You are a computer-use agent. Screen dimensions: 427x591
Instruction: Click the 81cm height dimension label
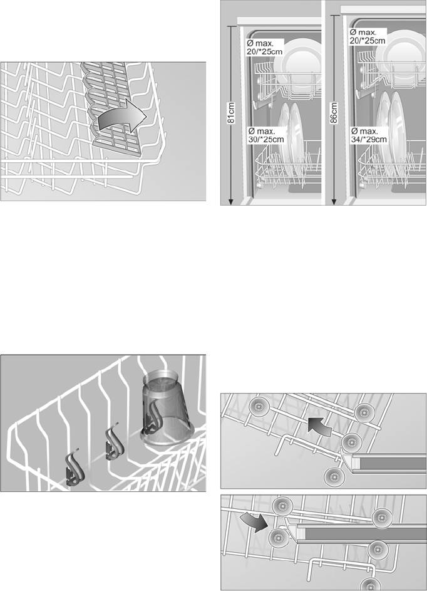pyautogui.click(x=232, y=112)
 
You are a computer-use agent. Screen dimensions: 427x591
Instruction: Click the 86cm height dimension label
pyautogui.click(x=334, y=112)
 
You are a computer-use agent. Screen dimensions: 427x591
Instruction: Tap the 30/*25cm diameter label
pyautogui.click(x=266, y=135)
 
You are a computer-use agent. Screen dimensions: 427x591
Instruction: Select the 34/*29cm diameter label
pyautogui.click(x=369, y=135)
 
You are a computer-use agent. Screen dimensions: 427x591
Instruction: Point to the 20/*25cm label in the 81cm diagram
pyautogui.click(x=264, y=48)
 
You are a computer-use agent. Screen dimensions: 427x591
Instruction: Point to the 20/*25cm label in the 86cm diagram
pyautogui.click(x=368, y=36)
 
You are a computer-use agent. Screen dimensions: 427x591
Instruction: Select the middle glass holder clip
pyautogui.click(x=115, y=442)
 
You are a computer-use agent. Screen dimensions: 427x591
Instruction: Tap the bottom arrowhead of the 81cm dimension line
pyautogui.click(x=231, y=202)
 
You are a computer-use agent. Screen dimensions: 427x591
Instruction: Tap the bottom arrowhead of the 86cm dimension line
pyautogui.click(x=334, y=202)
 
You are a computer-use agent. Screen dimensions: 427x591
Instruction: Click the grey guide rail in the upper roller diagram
pyautogui.click(x=388, y=464)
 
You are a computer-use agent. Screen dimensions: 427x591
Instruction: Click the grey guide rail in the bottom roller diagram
pyautogui.click(x=361, y=534)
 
